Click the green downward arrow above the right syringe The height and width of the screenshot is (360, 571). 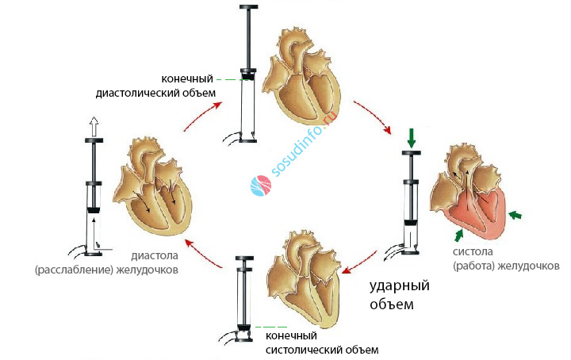(x=412, y=138)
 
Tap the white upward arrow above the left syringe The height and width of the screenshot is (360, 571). (x=94, y=126)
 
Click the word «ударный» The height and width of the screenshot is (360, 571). (x=400, y=285)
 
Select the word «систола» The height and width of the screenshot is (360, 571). (x=473, y=251)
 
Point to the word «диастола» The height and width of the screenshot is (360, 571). (x=155, y=255)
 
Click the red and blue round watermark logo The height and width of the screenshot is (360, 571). (x=261, y=186)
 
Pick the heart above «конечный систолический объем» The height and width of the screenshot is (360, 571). (x=305, y=278)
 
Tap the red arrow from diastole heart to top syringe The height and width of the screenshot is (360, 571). (x=202, y=116)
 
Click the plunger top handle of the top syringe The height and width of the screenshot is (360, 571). (x=249, y=6)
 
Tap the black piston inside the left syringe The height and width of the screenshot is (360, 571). (x=94, y=210)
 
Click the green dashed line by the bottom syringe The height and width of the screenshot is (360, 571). (x=271, y=327)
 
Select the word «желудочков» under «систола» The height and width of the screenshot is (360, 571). (x=528, y=266)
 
